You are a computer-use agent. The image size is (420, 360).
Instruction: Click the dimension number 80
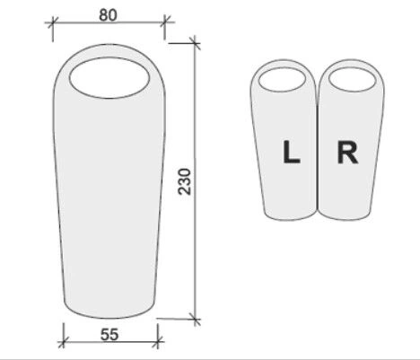click(x=108, y=15)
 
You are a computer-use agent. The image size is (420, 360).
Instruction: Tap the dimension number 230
click(x=184, y=181)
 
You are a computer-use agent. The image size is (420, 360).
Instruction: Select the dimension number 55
click(x=109, y=335)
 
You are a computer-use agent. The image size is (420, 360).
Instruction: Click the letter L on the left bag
click(x=292, y=152)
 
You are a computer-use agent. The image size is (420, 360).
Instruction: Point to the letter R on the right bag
click(x=347, y=153)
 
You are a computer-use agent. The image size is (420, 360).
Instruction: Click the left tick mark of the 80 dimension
click(x=53, y=22)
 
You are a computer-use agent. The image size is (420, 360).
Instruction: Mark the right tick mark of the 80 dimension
click(x=164, y=22)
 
